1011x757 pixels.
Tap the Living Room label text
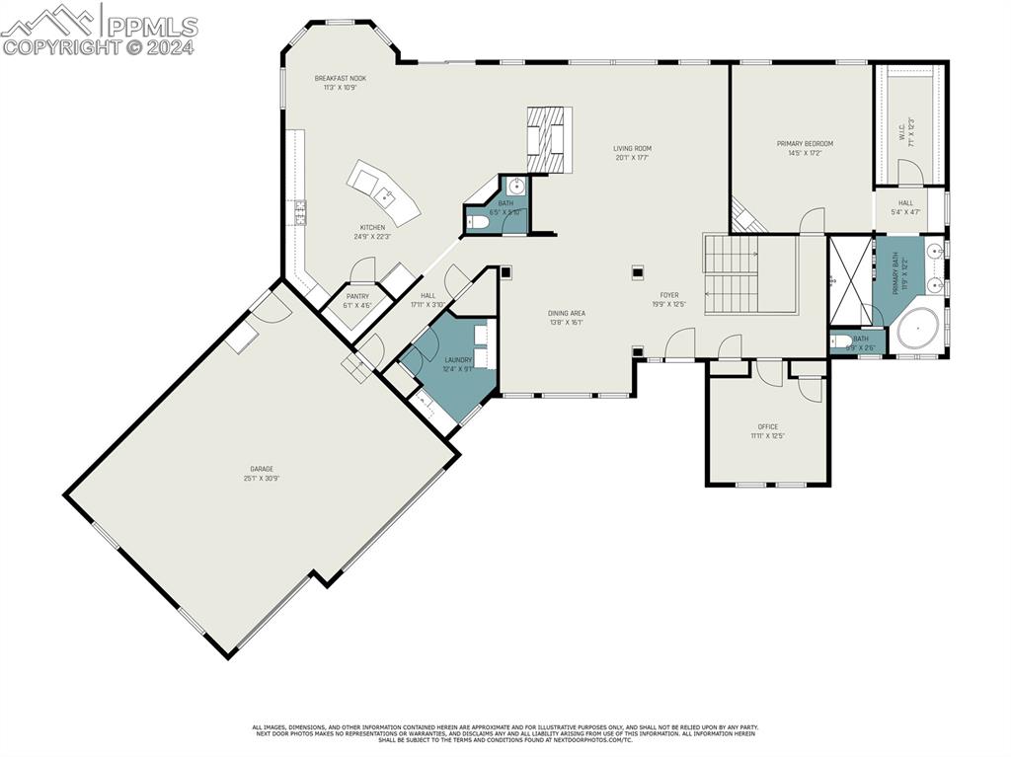point(633,148)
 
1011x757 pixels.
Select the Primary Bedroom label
point(804,143)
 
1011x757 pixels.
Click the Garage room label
point(261,469)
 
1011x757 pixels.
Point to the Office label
point(767,426)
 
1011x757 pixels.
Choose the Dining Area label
point(567,313)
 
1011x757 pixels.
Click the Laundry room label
point(458,360)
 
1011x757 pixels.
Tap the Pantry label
point(357,296)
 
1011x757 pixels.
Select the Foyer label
point(669,295)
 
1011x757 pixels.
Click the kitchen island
point(384,191)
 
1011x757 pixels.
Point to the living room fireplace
point(548,138)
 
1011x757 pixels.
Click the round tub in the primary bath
point(917,329)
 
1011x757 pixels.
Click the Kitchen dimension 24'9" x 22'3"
point(372,237)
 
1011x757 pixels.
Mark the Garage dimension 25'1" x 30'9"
point(261,479)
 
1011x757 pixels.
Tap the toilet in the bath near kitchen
point(478,223)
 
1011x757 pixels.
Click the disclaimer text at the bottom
point(505,733)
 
